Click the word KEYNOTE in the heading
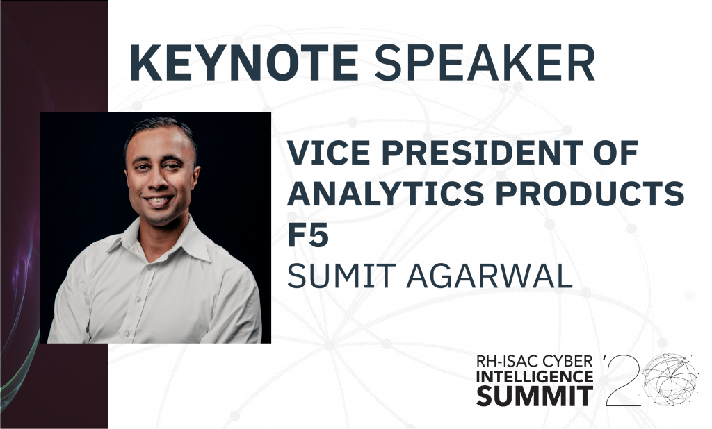point(244,62)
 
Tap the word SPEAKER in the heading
point(484,62)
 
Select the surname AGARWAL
point(489,276)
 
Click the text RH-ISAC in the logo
point(504,362)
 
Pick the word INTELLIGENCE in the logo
point(535,376)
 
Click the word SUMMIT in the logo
point(535,396)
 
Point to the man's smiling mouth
point(158,200)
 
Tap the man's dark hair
point(159,131)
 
